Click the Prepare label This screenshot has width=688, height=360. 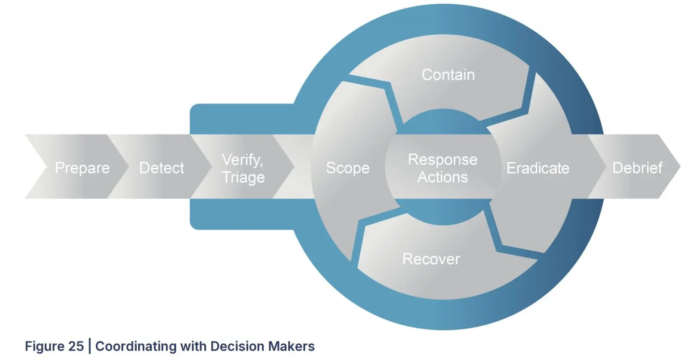coord(82,168)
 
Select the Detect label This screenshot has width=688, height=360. coord(162,168)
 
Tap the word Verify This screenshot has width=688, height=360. coord(243,160)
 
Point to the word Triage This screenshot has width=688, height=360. coord(243,178)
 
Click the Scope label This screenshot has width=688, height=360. coord(348,168)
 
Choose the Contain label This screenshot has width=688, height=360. coord(448,75)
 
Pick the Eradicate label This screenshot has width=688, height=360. coord(538,168)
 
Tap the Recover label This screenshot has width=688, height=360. coord(431,259)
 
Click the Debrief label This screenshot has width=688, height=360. coord(637,168)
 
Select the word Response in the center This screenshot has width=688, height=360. coord(442,160)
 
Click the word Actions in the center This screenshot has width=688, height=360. coord(442,177)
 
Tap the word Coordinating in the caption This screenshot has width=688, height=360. coord(136,347)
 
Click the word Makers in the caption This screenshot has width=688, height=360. coord(291,346)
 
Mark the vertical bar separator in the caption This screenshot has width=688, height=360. coord(90,346)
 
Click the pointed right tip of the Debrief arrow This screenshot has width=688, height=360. coord(680,166)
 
